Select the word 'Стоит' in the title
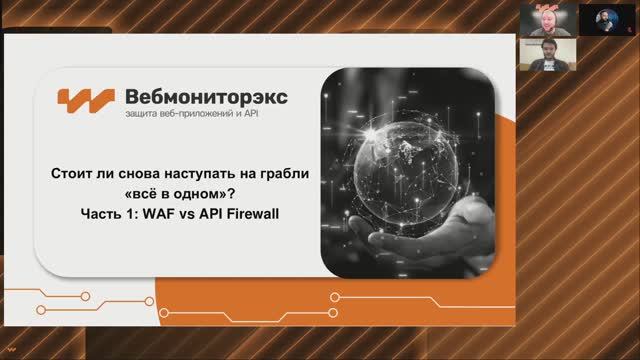pos(71,173)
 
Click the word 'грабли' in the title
pos(283,173)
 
